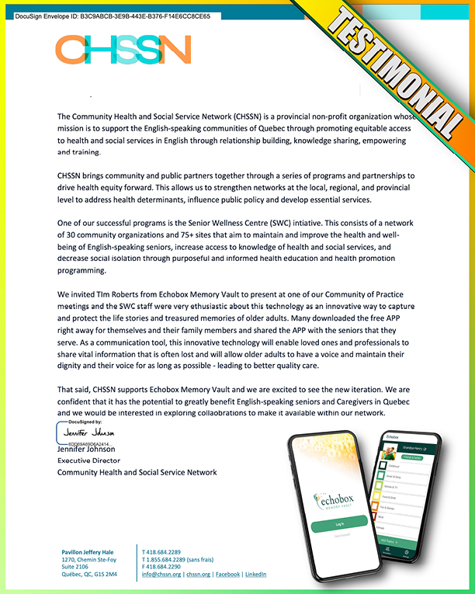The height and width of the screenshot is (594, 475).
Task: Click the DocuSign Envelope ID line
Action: pos(113,16)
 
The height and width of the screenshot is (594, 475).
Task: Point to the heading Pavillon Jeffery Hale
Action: pos(88,552)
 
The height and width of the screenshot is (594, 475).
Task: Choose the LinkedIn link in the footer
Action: pos(256,574)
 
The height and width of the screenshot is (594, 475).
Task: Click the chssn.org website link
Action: pos(198,574)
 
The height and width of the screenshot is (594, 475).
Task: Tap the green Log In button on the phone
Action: pos(339,525)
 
